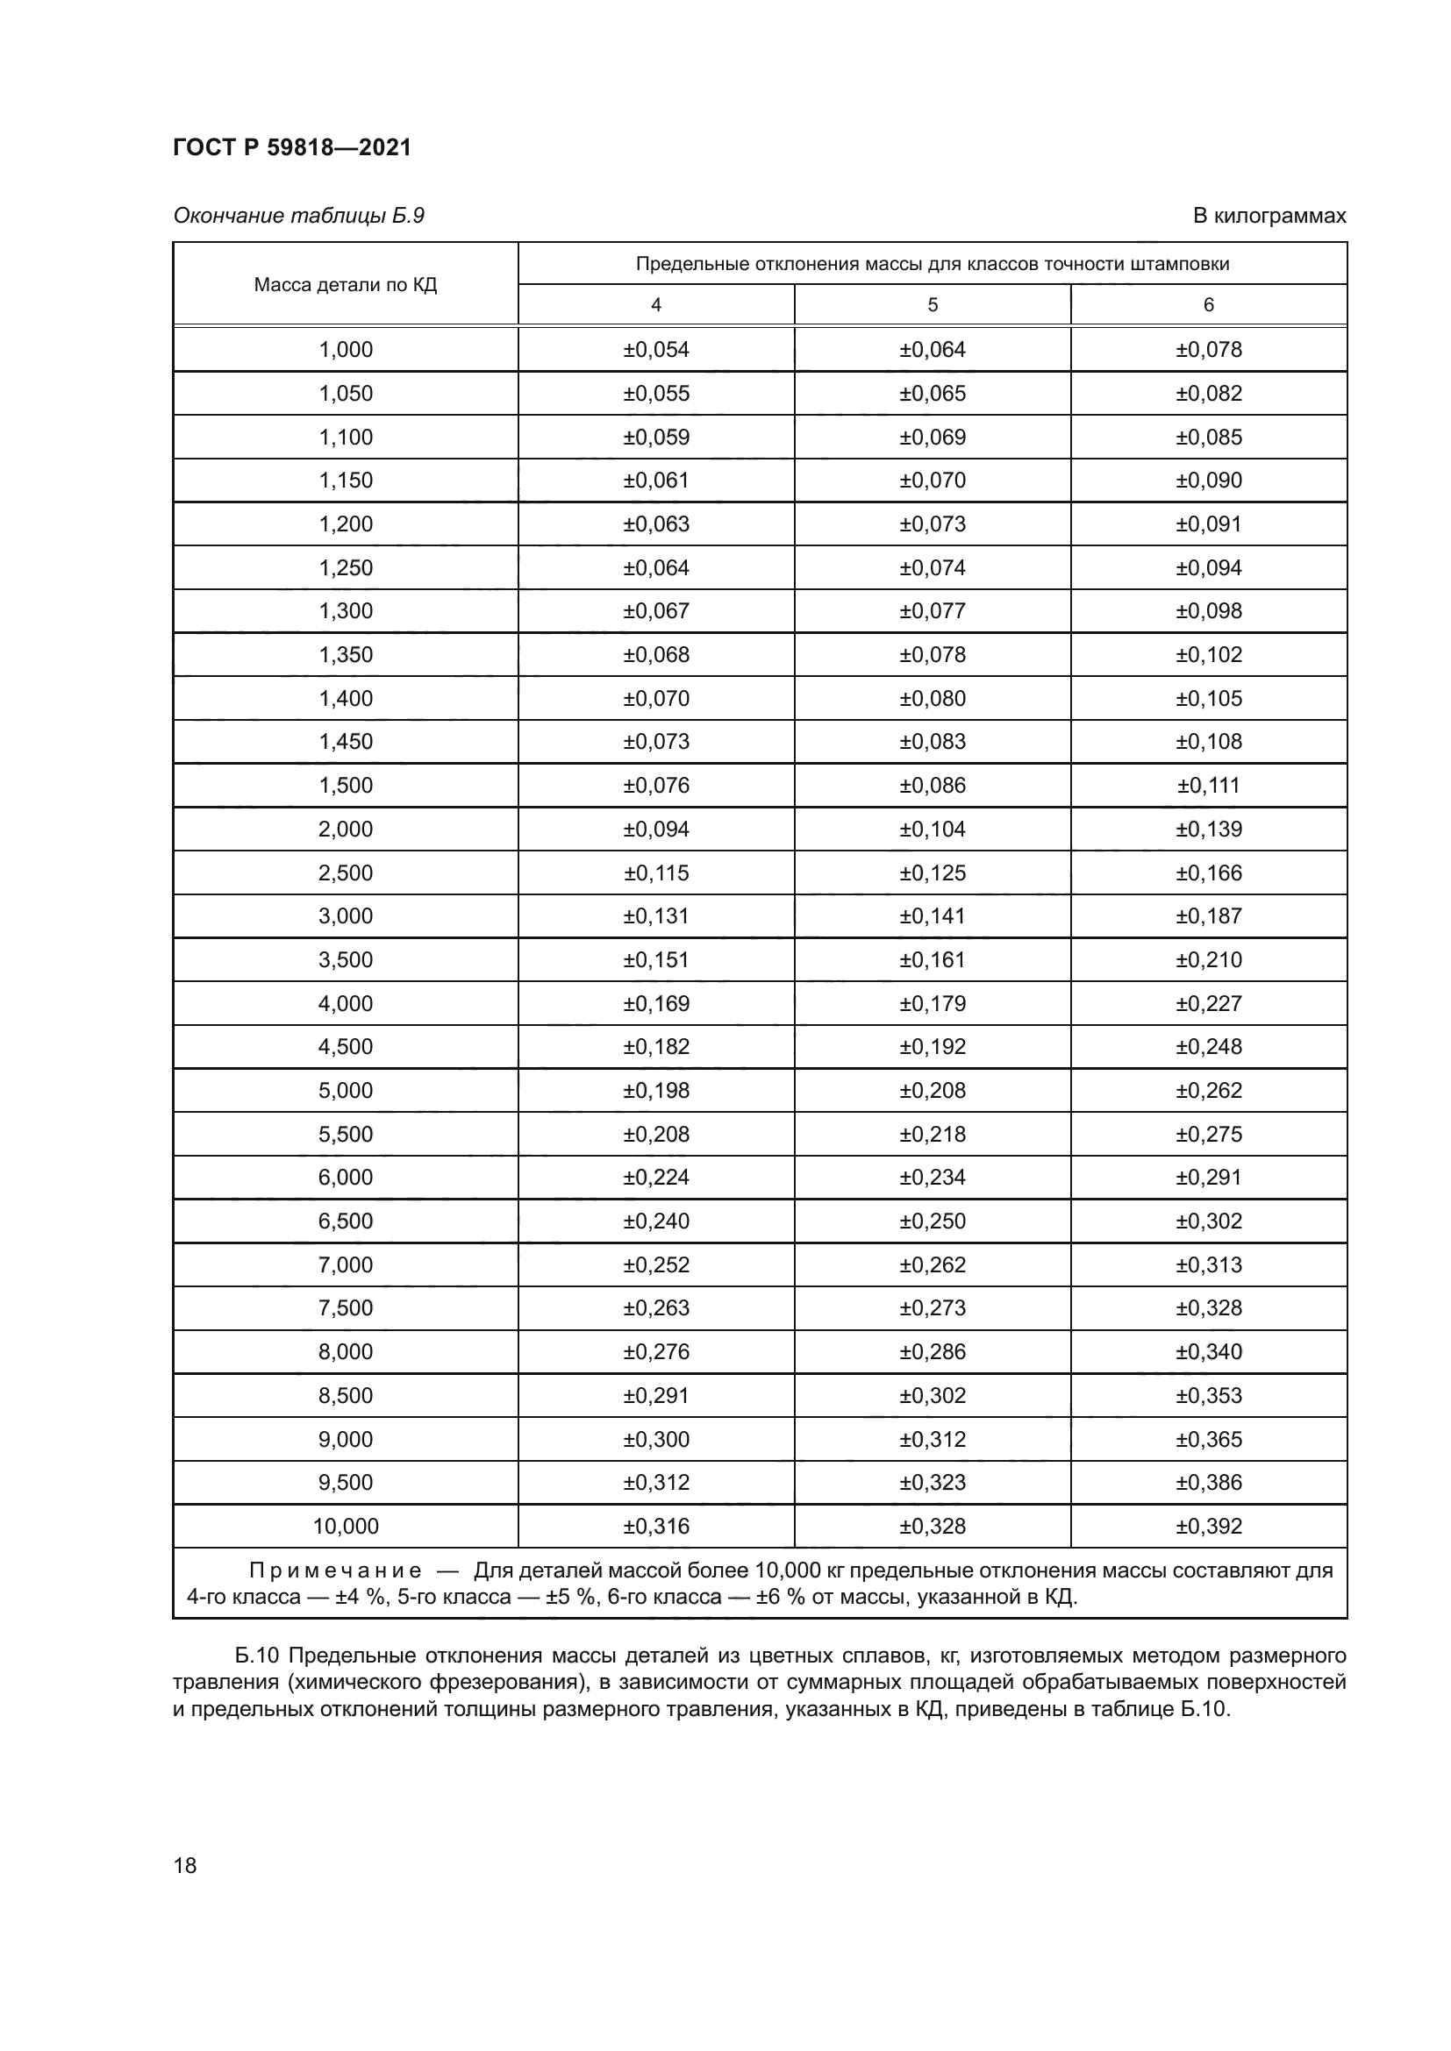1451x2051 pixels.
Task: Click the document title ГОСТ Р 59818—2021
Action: click(x=291, y=147)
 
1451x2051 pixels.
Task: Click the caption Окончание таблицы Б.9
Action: click(x=298, y=216)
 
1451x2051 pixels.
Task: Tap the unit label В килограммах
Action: click(x=1269, y=216)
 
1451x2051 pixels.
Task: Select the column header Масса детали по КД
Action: click(x=345, y=285)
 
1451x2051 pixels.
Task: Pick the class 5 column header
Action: click(x=932, y=304)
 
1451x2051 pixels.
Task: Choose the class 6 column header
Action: click(x=1208, y=304)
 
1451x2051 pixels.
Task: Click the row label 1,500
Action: click(x=345, y=785)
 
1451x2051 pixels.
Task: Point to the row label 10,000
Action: click(x=345, y=1526)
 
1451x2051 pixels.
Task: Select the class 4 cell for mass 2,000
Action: click(x=656, y=829)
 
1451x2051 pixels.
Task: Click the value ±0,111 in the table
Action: click(x=1208, y=785)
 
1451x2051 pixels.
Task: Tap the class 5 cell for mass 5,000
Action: click(x=932, y=1090)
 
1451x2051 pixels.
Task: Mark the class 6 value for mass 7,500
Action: click(x=1208, y=1307)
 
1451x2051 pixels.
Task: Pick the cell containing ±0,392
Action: click(x=1208, y=1526)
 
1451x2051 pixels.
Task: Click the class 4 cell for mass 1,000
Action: click(x=656, y=349)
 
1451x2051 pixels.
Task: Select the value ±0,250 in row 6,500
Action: click(x=932, y=1221)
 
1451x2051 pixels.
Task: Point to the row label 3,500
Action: click(x=345, y=959)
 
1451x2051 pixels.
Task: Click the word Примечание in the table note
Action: click(x=335, y=1570)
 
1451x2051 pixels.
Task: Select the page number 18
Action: click(x=185, y=1865)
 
